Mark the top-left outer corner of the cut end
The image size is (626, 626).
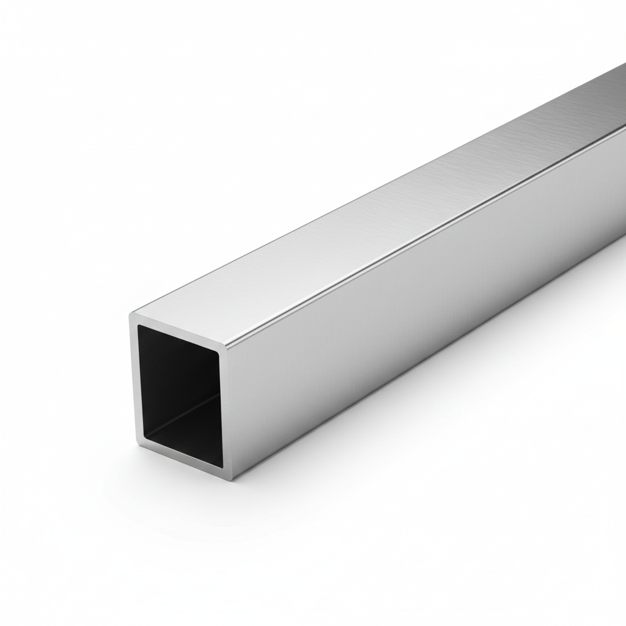click(130, 314)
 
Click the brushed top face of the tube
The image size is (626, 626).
click(367, 214)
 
